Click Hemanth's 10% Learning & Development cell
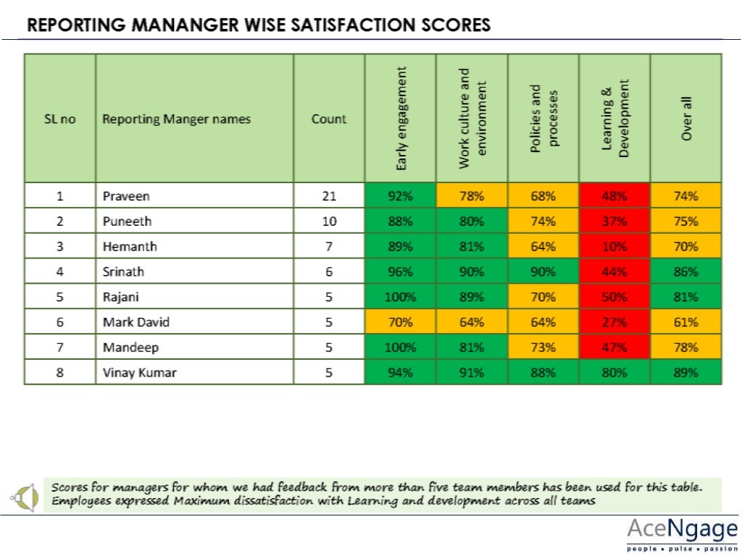click(614, 246)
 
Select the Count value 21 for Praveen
click(329, 195)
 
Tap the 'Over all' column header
click(685, 118)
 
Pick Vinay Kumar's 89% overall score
click(685, 373)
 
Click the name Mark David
click(130, 322)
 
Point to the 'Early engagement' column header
click(401, 118)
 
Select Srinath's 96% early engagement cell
click(401, 271)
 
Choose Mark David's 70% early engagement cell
click(401, 322)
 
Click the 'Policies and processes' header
click(543, 118)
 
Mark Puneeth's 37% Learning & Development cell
click(614, 221)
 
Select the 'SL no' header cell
click(60, 119)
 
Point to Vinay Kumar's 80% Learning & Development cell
click(614, 373)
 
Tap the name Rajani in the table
click(120, 297)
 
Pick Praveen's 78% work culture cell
click(472, 195)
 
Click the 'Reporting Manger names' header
click(176, 119)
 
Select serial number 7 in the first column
click(60, 347)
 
